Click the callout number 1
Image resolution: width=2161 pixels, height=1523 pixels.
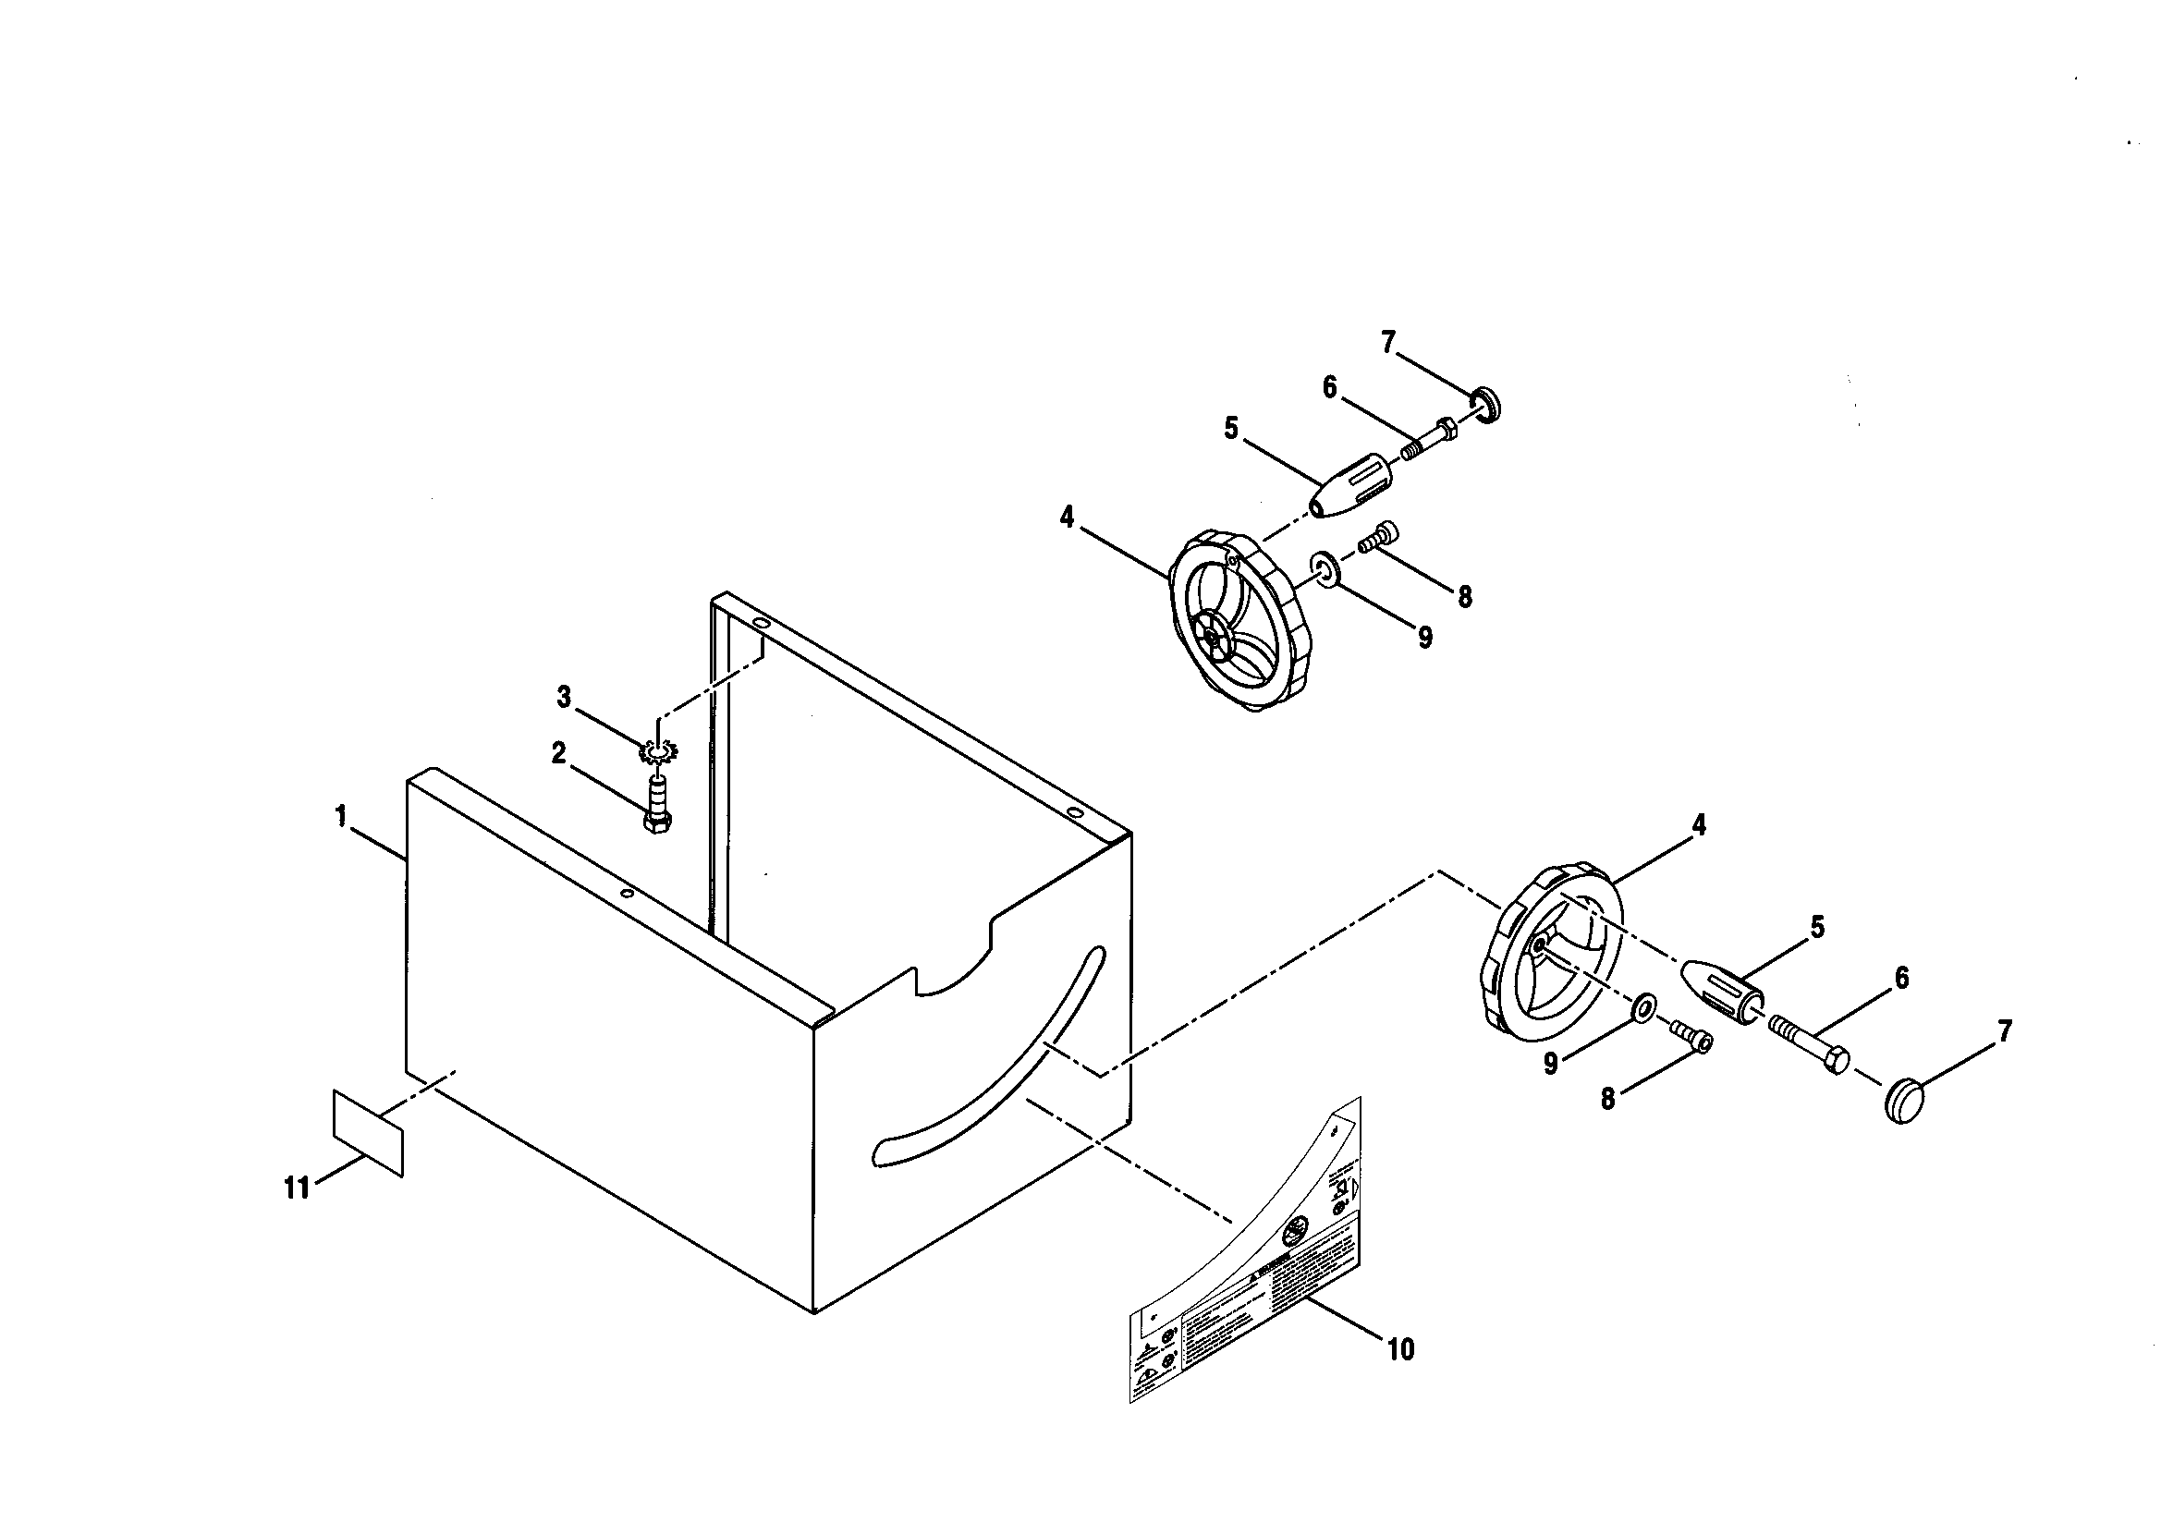pos(342,815)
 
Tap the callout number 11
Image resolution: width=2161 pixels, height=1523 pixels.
pos(297,1189)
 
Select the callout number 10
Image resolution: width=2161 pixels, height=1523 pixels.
pos(1400,1349)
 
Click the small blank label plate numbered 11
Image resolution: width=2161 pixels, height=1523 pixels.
pos(368,1132)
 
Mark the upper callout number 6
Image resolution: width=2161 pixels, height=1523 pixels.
pos(1329,387)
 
